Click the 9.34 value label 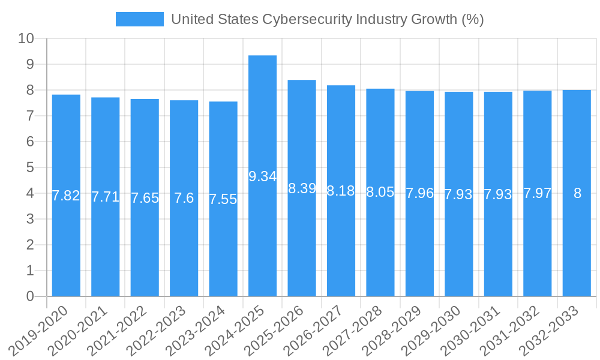point(262,176)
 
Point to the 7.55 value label point(223,199)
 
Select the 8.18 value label point(341,191)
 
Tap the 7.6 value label point(184,198)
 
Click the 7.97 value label point(537,193)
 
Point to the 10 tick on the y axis point(26,39)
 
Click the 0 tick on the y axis point(30,296)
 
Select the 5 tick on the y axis point(30,167)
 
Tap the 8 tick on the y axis point(30,90)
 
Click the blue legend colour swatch point(139,19)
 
